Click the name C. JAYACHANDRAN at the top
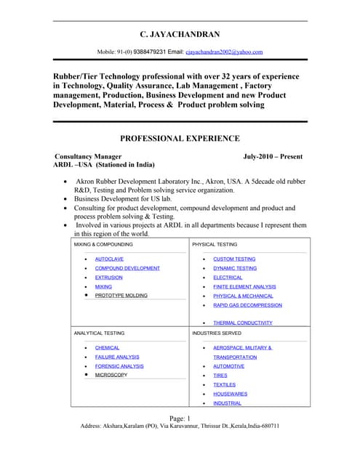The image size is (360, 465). pos(180,34)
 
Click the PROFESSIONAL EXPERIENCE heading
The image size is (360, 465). pos(180,138)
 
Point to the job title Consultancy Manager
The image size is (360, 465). pos(88,156)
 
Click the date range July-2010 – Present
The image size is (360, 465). pos(273,156)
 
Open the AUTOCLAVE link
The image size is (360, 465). pos(109,259)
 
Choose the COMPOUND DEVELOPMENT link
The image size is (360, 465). pos(127,268)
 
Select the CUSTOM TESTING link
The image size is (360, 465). pos(234,259)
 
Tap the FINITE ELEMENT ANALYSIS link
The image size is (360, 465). pos(244,286)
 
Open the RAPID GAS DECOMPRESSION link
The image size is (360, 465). pos(247,305)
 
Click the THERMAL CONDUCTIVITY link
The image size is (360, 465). pos(243,323)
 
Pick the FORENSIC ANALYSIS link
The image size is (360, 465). pos(119,366)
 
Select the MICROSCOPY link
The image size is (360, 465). pos(111,375)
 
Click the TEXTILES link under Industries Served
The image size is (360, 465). pos(224,384)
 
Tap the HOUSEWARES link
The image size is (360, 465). pos(229,394)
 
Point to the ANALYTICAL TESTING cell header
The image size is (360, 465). pos(99,333)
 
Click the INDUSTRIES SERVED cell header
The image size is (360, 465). pos(217,333)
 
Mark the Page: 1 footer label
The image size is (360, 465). pos(180,418)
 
